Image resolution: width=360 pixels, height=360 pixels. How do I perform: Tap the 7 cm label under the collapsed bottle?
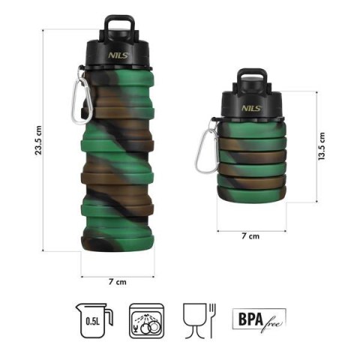pos(251,237)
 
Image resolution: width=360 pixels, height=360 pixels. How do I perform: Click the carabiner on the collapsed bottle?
pos(206,148)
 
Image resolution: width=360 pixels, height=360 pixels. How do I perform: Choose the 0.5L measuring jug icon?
pos(94,318)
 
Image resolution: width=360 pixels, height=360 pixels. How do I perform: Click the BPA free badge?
pos(255,319)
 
